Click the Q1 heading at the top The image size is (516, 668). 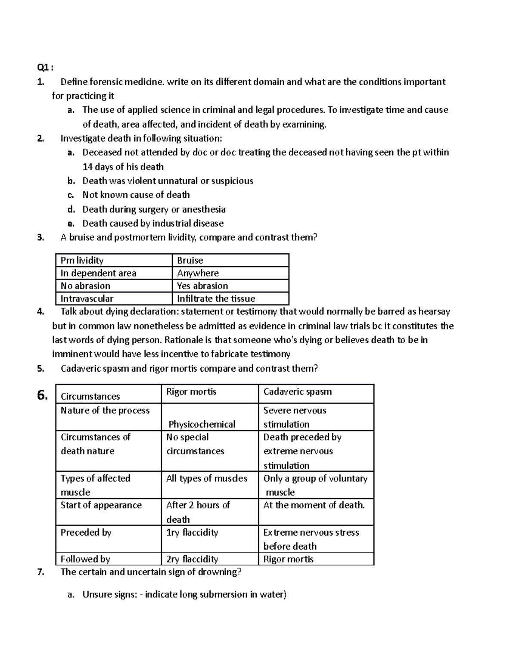(45, 68)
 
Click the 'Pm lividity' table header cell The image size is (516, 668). (82, 260)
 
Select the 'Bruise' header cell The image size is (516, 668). (190, 260)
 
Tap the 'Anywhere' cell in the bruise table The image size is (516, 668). (198, 273)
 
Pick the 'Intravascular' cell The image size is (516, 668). (87, 299)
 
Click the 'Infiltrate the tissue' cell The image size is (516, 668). (216, 299)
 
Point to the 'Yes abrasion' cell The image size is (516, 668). (203, 286)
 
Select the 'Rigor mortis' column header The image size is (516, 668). (191, 392)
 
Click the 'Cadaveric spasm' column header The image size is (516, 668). (298, 392)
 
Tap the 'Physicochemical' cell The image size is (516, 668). (202, 424)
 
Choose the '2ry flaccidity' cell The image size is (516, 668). (192, 559)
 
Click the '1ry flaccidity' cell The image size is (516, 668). (192, 533)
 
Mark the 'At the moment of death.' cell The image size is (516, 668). (314, 505)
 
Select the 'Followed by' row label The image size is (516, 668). (85, 559)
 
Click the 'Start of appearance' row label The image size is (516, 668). (101, 505)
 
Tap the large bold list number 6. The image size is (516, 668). (42, 395)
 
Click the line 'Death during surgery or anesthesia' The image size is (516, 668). (154, 209)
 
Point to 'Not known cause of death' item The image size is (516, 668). (136, 195)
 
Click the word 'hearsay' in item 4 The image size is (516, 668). (434, 311)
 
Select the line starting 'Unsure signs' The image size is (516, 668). (184, 594)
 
